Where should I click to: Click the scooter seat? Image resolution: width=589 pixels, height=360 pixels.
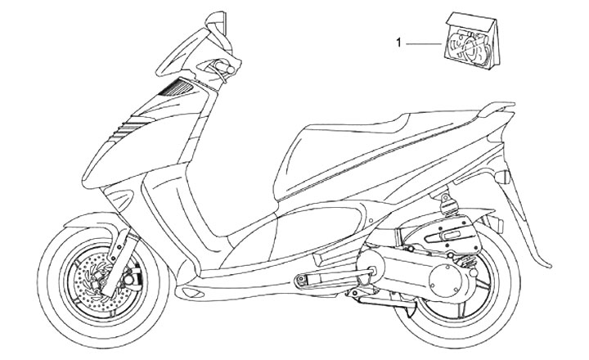[x=384, y=123]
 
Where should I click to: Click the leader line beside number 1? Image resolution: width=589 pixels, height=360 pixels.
[x=425, y=41]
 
